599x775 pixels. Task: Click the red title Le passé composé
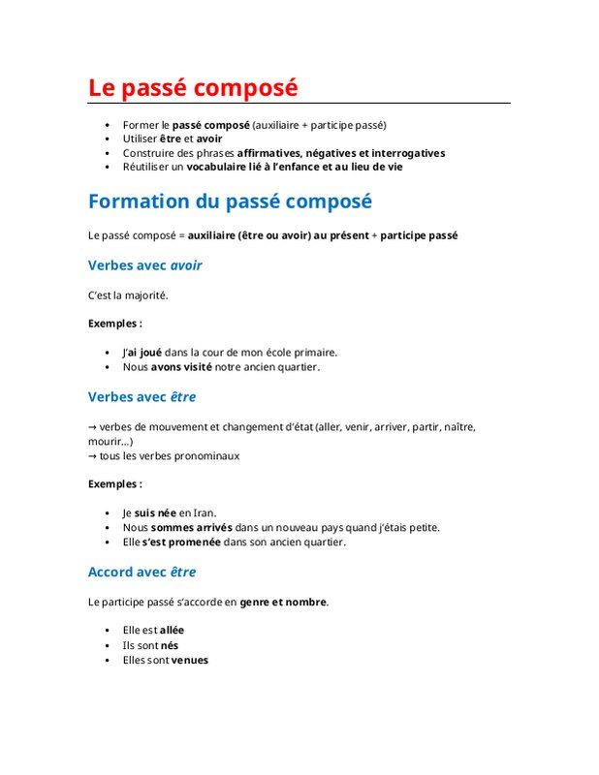click(193, 87)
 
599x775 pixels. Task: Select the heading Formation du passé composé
click(230, 201)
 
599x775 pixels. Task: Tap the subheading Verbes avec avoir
click(144, 264)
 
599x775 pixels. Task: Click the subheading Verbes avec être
click(142, 396)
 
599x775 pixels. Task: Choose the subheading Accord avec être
click(142, 572)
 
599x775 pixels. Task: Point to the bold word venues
click(189, 660)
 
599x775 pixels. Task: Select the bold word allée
click(172, 630)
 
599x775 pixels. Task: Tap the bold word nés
click(169, 645)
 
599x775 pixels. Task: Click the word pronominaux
click(209, 455)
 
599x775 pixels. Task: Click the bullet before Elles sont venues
click(107, 661)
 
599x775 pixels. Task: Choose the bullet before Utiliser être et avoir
click(107, 139)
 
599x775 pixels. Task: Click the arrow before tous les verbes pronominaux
click(92, 455)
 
